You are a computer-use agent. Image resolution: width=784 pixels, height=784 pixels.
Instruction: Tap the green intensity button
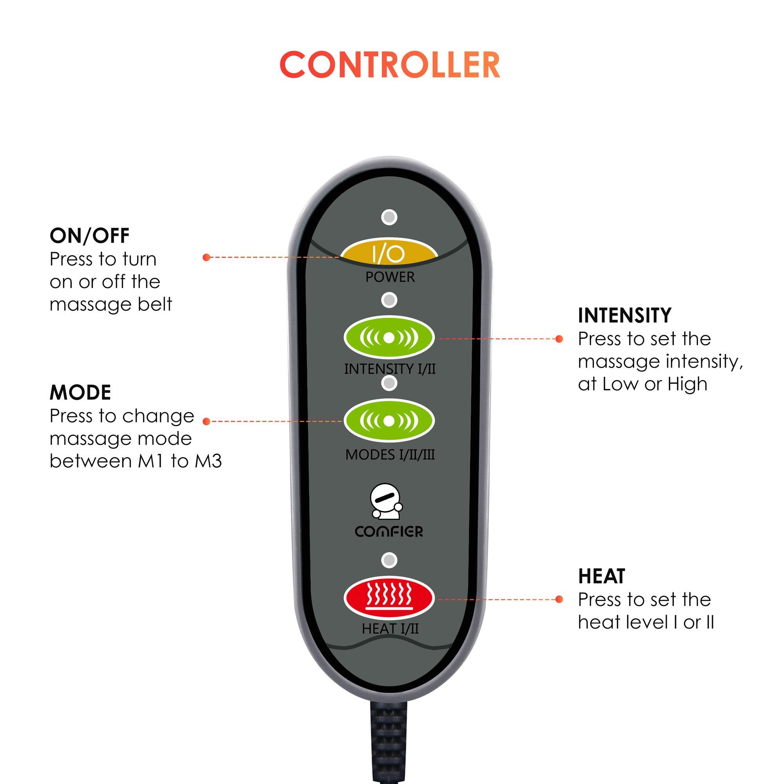389,338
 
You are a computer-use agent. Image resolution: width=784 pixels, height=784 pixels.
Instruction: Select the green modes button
389,421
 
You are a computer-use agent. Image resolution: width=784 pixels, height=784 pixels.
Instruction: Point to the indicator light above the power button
389,217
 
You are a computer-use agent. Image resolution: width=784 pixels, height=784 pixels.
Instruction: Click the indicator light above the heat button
389,560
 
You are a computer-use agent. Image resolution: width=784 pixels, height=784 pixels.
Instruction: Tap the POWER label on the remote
390,277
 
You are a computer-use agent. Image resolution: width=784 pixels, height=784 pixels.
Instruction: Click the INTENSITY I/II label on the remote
390,369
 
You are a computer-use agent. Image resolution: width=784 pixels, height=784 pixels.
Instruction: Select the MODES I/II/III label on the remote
390,454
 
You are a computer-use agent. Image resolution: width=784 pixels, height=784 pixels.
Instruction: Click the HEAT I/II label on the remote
390,629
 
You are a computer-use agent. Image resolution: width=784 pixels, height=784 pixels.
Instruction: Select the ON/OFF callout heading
89,236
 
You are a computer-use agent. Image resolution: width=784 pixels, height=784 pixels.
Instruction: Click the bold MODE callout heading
80,392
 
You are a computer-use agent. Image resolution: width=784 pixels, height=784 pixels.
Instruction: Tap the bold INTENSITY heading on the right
624,315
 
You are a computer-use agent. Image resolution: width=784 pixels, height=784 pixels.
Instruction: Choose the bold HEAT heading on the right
601,576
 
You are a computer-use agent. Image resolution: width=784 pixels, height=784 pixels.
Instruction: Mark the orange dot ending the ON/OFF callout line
206,257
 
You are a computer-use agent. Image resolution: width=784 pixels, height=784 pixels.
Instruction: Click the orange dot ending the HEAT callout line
559,599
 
